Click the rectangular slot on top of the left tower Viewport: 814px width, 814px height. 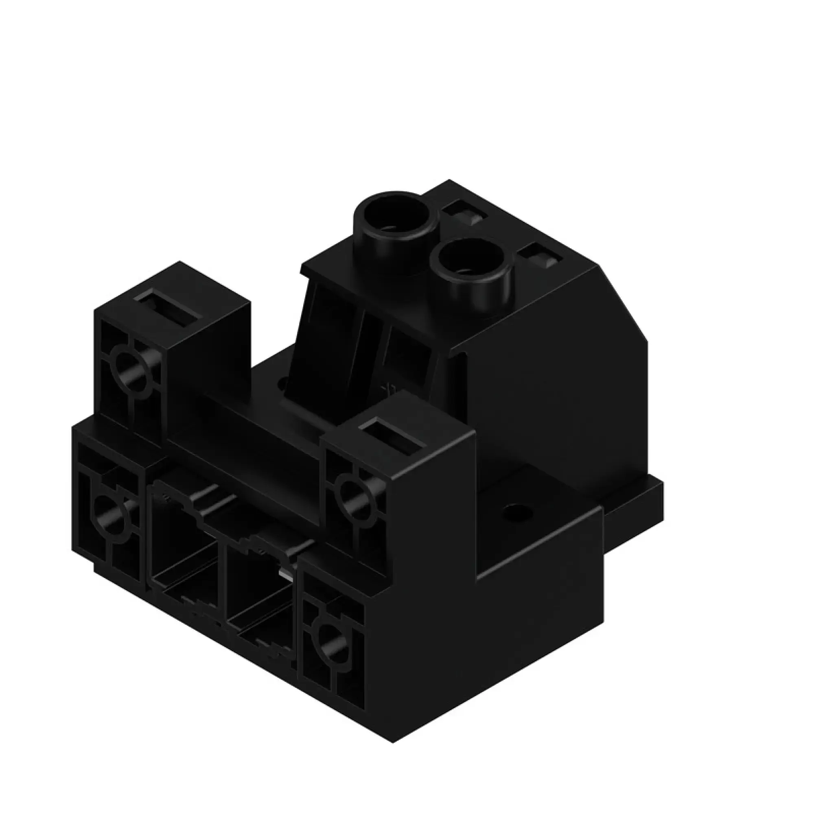(x=168, y=308)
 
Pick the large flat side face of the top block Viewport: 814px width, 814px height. (x=556, y=387)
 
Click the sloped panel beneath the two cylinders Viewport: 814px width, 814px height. (x=362, y=350)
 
